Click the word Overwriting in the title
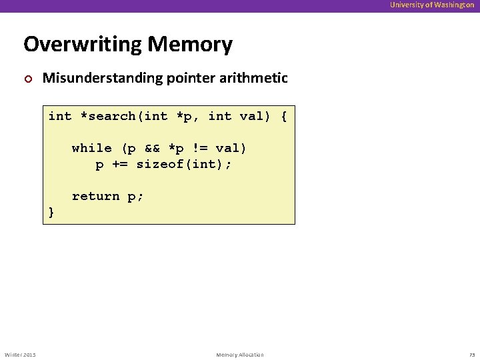click(83, 45)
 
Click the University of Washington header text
click(432, 5)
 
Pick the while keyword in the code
click(91, 148)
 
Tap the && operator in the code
click(153, 148)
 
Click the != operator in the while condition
click(201, 148)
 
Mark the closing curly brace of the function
click(52, 212)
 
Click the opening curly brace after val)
click(284, 117)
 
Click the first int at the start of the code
click(60, 117)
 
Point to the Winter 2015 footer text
click(20, 354)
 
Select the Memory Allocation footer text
click(240, 354)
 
